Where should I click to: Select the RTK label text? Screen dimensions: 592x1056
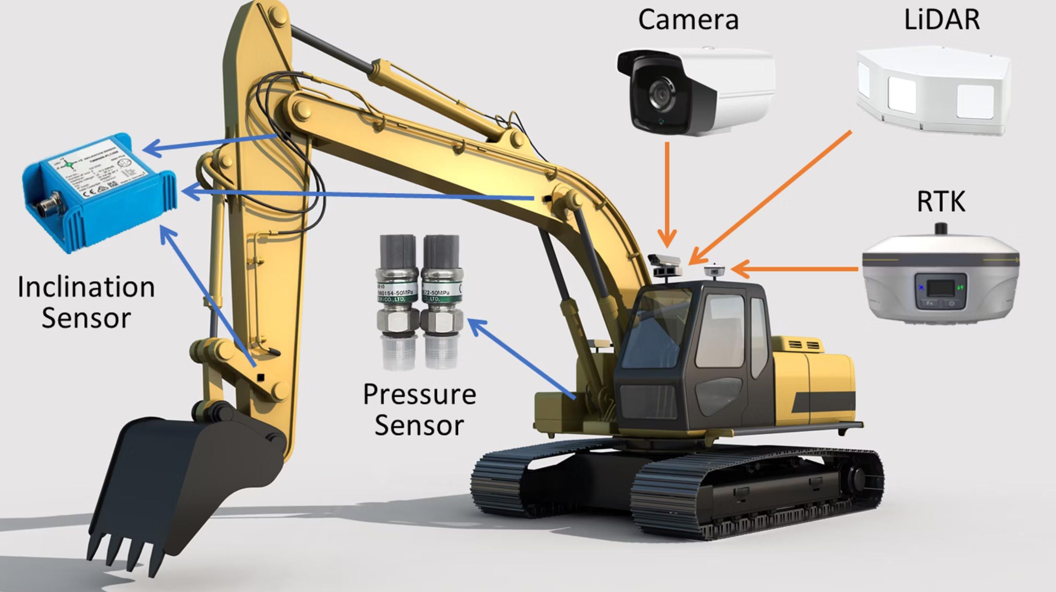tap(941, 202)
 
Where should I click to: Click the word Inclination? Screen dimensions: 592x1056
tap(87, 287)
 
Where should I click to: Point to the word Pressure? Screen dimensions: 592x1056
tap(419, 394)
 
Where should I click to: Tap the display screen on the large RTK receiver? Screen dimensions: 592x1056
tap(941, 288)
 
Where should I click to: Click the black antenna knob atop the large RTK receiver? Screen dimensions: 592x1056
tap(941, 228)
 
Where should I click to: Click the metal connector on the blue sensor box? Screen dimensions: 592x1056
tap(48, 207)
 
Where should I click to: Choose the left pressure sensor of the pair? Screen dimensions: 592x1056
tap(397, 301)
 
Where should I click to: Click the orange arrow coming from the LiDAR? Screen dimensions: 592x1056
tap(771, 197)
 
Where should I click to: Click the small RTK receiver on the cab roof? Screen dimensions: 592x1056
tap(715, 271)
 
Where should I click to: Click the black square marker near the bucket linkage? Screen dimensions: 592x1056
tap(260, 377)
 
